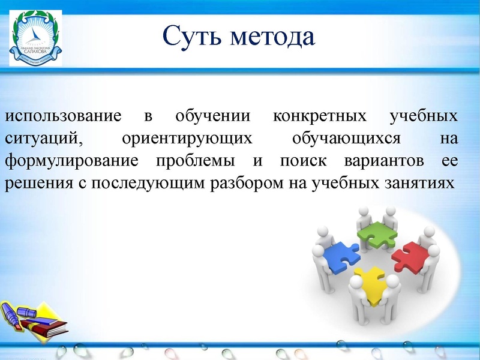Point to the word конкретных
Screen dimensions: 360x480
(320, 116)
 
